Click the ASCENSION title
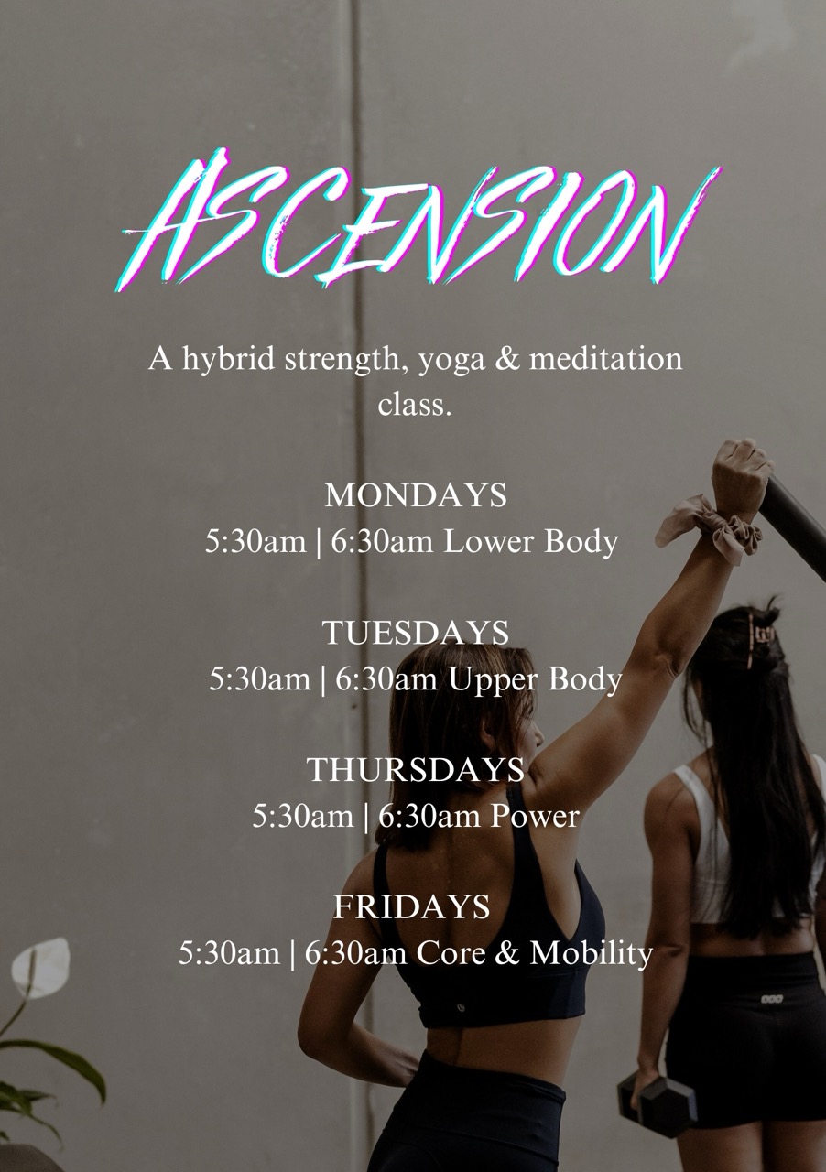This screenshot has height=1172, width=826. (x=418, y=220)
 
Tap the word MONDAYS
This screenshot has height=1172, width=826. (x=416, y=495)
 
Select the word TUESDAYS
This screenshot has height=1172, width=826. (x=415, y=633)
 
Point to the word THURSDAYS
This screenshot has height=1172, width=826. (x=415, y=769)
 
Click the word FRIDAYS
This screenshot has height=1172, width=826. (x=412, y=906)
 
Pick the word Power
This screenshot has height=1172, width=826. (x=535, y=816)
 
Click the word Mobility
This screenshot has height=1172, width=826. (x=591, y=954)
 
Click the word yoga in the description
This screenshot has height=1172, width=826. (x=451, y=361)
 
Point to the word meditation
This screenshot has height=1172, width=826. (x=605, y=359)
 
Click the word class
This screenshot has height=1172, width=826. (x=415, y=405)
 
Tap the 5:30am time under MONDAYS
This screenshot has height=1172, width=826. (x=255, y=541)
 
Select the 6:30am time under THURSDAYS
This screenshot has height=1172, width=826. (x=429, y=816)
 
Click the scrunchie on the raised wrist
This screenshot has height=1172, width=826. (x=710, y=528)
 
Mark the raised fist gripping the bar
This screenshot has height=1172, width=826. (x=742, y=472)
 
